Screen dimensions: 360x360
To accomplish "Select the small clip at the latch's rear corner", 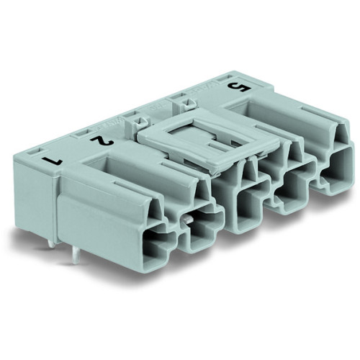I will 180,106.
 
